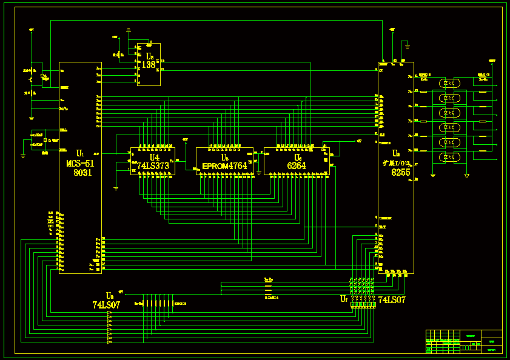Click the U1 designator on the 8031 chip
80,153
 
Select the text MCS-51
80,163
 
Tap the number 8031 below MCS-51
82,173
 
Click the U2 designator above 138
149,56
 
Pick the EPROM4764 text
224,165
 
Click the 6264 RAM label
297,165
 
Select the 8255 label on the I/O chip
400,173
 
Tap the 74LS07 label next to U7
392,300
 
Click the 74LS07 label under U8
106,305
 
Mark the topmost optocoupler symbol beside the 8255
447,82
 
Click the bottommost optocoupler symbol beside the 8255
447,158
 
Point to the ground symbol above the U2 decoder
129,30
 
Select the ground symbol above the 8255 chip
408,44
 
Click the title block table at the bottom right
464,341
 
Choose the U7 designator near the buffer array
344,299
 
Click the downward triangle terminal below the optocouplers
466,176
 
